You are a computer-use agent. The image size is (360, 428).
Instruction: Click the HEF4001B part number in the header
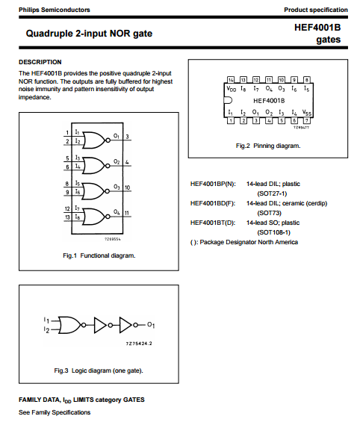317,28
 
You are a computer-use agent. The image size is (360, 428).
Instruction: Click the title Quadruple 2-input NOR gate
89,34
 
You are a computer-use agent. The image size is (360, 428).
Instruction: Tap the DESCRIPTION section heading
40,62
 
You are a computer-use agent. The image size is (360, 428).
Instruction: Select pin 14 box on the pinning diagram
231,79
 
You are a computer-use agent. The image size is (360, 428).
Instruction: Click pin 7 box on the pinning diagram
307,120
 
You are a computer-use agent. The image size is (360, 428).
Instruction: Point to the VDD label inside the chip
232,89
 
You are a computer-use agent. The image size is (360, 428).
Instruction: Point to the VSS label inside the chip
307,113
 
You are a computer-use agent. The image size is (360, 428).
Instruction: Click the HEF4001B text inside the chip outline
269,101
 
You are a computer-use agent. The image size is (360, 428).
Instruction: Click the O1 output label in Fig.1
117,136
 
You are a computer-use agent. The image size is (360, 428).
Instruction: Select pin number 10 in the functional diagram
127,187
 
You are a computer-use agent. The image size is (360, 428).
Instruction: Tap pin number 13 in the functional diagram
67,217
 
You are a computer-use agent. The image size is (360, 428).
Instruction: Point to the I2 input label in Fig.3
46,329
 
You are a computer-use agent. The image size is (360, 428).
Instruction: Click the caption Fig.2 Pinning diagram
268,146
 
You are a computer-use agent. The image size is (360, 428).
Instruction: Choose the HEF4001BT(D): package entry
213,223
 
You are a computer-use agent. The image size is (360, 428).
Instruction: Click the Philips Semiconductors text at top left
55,10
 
